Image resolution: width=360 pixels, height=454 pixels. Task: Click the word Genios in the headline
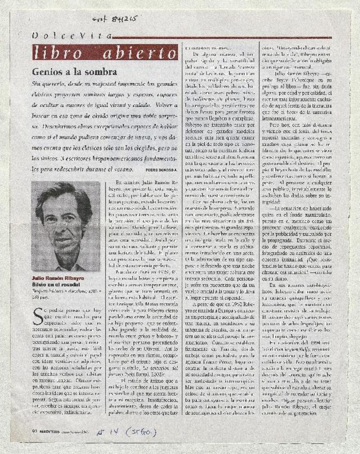pyautogui.click(x=48, y=72)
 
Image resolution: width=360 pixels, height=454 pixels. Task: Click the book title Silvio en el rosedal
pyautogui.click(x=55, y=285)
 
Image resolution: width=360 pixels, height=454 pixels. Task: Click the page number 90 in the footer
pyautogui.click(x=34, y=432)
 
